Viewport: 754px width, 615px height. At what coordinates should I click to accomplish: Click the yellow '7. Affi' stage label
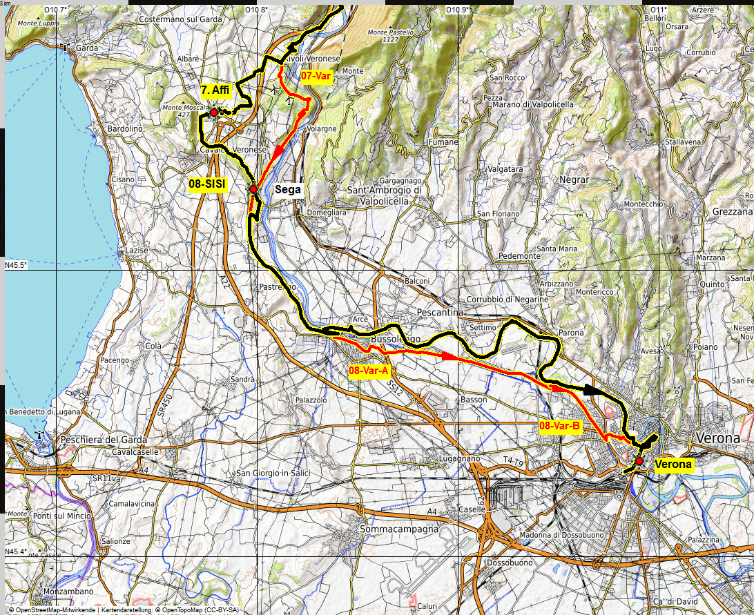(215, 90)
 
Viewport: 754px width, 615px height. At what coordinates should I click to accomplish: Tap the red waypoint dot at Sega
(253, 189)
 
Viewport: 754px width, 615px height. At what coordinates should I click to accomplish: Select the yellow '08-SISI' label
(205, 184)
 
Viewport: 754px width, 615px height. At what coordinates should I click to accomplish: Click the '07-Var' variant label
(317, 76)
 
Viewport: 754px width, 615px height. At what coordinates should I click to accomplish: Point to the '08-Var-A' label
(369, 371)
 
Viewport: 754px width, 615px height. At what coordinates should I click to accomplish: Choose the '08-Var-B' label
(560, 426)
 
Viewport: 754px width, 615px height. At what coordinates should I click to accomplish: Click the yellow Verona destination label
(673, 465)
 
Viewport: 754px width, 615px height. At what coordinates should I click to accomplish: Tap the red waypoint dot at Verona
(639, 460)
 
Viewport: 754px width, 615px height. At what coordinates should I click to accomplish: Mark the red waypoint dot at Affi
(214, 112)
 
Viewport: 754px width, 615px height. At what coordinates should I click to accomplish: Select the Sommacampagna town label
(400, 529)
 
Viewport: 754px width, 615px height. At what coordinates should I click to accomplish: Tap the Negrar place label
(574, 179)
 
